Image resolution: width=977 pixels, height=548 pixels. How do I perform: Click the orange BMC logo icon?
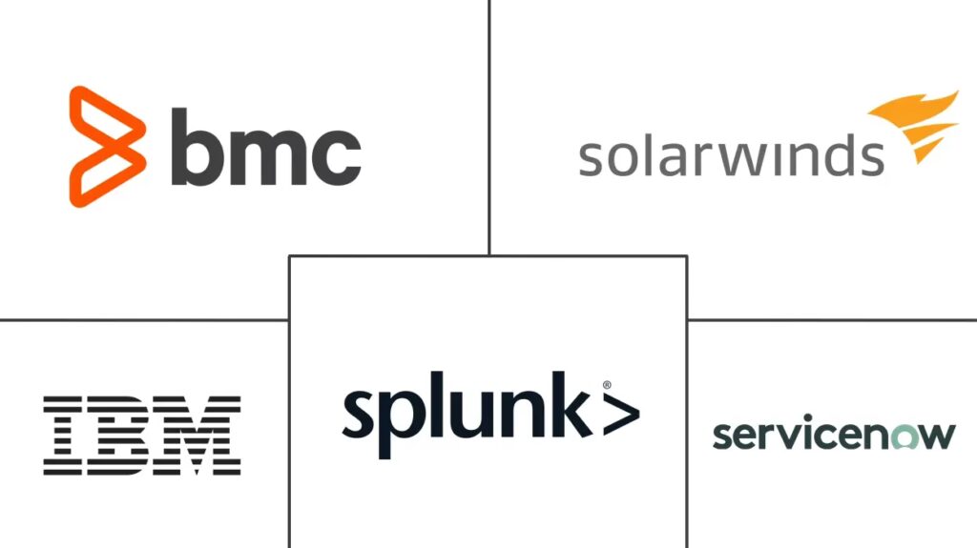coord(106,145)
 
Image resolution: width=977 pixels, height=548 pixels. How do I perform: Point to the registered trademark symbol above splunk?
coord(606,386)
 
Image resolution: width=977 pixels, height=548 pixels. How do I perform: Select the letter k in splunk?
coord(573,408)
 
